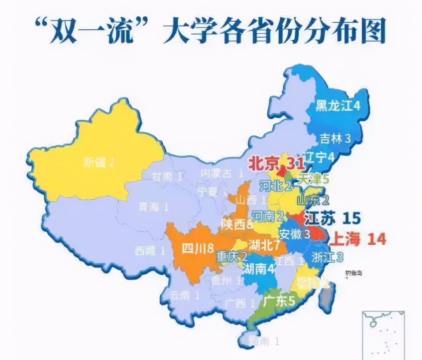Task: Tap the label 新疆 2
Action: [99, 162]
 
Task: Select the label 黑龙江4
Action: [338, 106]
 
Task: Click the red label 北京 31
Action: [276, 164]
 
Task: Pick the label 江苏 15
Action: [332, 218]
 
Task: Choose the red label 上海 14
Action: [357, 239]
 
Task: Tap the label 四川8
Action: [198, 249]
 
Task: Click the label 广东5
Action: [279, 301]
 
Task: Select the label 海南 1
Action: [264, 341]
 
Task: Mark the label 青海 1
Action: [153, 207]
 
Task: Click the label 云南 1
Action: [184, 295]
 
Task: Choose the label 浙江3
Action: [327, 257]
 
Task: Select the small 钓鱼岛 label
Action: [353, 273]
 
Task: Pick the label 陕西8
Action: [237, 224]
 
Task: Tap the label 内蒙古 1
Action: [222, 173]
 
